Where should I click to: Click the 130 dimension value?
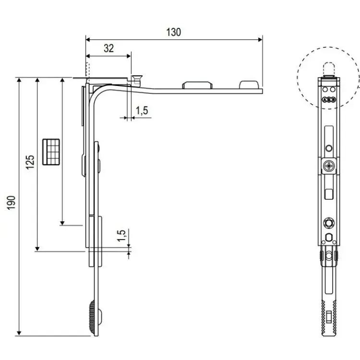(174, 33)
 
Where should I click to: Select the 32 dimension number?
(109, 48)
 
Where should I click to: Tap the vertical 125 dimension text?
(30, 163)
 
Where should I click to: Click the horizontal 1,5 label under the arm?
(142, 110)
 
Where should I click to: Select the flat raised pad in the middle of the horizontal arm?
(196, 85)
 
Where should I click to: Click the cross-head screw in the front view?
(328, 167)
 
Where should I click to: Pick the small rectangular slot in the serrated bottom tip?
(328, 317)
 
